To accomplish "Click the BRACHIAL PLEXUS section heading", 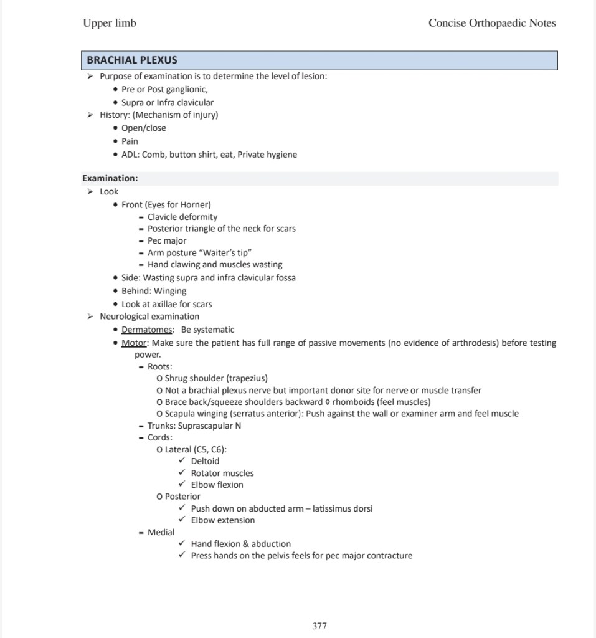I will pos(132,60).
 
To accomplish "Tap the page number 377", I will pos(319,626).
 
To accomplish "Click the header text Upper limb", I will pos(109,24).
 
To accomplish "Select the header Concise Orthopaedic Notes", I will pos(492,24).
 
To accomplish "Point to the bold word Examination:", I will pos(110,179).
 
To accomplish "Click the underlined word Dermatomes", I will pos(147,330).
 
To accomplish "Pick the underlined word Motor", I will pos(134,343).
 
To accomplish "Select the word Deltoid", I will pos(205,462).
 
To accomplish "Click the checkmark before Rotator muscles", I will pos(182,474).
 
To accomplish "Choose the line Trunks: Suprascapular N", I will pos(194,426).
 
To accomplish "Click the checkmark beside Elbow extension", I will pos(182,521).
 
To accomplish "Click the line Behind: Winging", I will pos(153,291).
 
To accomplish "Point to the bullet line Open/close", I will pos(143,128).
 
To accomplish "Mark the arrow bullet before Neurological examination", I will pos(90,317).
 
